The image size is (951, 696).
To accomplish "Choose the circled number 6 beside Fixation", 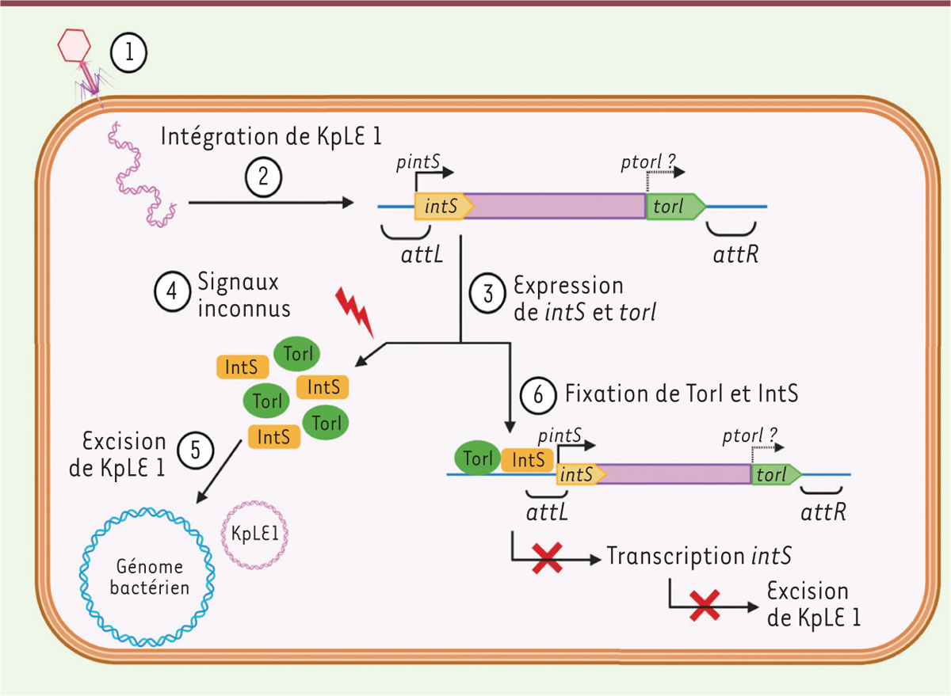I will (539, 394).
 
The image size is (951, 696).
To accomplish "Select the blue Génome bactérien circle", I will (146, 576).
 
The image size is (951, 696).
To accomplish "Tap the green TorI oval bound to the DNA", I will (478, 458).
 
